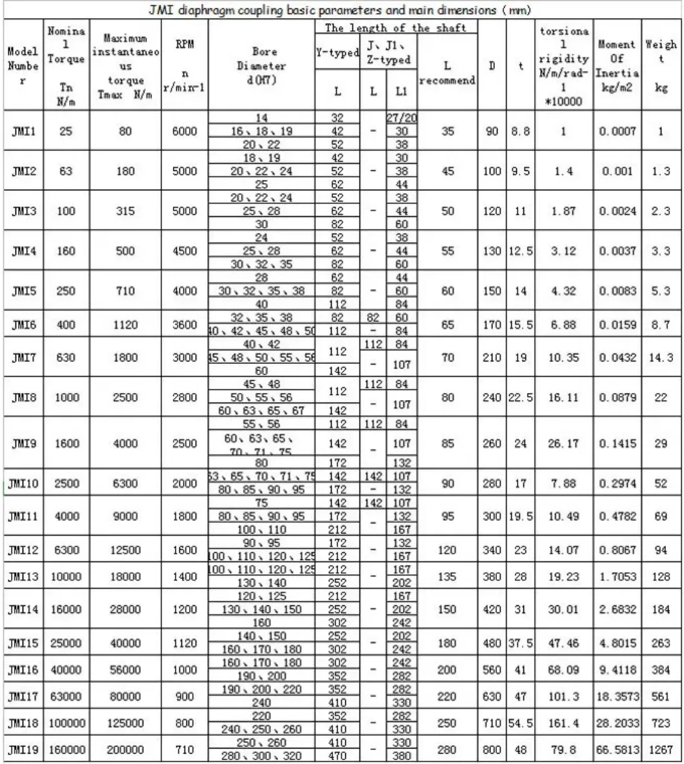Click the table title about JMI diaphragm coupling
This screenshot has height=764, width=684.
tap(341, 9)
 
